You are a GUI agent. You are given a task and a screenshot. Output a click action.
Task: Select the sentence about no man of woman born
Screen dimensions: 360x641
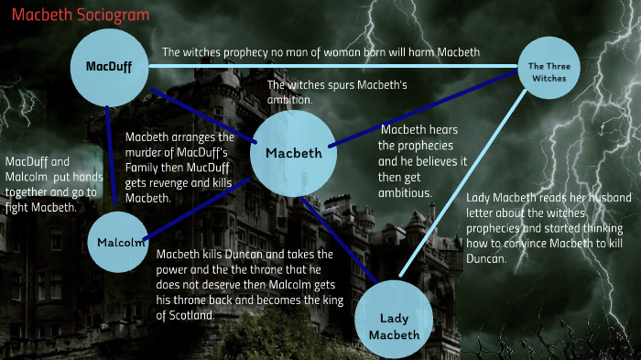pyautogui.click(x=320, y=52)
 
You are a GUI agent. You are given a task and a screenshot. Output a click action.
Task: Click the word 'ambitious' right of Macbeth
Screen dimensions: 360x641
pyautogui.click(x=405, y=193)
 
